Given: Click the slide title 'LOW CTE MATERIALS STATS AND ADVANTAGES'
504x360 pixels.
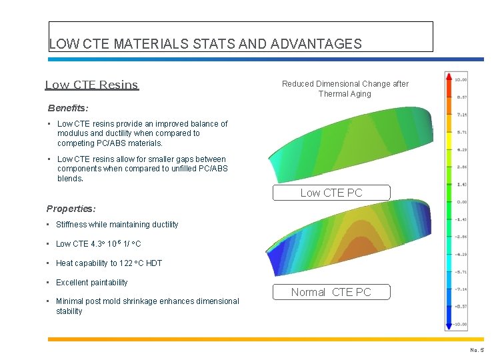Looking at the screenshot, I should (205, 45).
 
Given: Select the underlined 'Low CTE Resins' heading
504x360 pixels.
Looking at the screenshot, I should (92, 85).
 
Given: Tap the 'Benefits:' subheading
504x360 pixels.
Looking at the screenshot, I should (68, 107).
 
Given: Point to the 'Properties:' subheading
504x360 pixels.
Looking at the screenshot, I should (71, 209).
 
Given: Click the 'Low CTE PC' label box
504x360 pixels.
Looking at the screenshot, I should (331, 193).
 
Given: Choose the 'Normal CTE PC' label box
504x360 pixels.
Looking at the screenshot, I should (331, 292).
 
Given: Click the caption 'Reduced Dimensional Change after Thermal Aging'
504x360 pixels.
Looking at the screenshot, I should (345, 89).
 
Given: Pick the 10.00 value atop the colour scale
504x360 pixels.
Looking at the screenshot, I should (461, 80).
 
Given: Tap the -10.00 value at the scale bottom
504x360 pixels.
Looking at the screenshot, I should (460, 324).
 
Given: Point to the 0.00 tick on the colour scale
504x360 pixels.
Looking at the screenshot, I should (461, 202).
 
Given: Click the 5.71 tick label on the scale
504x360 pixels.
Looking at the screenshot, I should (461, 132).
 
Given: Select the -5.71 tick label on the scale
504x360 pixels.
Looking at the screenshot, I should (461, 272).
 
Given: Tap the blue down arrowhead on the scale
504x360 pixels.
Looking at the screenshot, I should (449, 326).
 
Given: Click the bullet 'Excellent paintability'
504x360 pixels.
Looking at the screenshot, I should (92, 283).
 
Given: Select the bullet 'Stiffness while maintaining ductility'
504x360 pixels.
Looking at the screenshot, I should (117, 225).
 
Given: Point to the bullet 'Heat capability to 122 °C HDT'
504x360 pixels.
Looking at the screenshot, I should (109, 263).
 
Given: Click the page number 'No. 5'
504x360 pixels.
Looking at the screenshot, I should (477, 350).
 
